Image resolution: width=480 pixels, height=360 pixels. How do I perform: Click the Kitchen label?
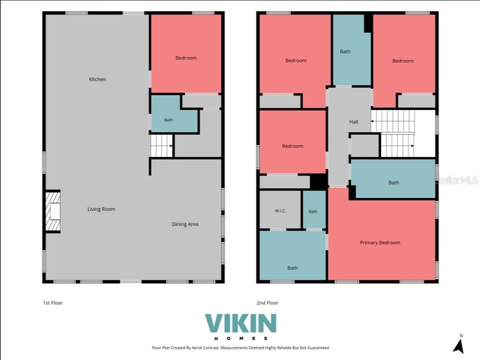click(97, 79)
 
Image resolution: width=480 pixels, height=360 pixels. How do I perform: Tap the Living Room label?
click(102, 209)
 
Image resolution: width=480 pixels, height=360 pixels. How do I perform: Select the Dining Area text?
click(185, 224)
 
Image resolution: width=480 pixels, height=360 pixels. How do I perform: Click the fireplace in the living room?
click(53, 212)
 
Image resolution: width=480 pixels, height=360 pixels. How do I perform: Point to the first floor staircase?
click(161, 146)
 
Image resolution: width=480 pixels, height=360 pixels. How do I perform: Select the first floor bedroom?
click(186, 54)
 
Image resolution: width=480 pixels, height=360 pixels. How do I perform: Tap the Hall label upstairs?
click(353, 122)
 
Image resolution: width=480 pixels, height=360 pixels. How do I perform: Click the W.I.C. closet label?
click(280, 211)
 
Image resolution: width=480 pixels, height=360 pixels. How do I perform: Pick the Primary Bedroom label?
click(380, 243)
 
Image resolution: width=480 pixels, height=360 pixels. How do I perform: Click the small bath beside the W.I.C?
click(314, 210)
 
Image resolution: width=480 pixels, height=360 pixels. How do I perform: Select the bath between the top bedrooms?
click(352, 50)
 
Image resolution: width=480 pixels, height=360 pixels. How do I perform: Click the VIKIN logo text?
click(241, 323)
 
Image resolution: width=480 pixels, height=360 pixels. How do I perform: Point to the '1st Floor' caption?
click(53, 303)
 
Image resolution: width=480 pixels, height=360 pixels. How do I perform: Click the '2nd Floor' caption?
click(267, 303)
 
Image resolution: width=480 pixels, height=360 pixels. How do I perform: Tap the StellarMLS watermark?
click(457, 180)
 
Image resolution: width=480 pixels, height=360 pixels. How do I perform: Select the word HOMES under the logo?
click(241, 338)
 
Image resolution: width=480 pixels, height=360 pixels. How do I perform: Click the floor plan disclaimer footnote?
click(240, 348)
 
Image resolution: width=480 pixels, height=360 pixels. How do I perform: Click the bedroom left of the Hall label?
click(292, 142)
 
